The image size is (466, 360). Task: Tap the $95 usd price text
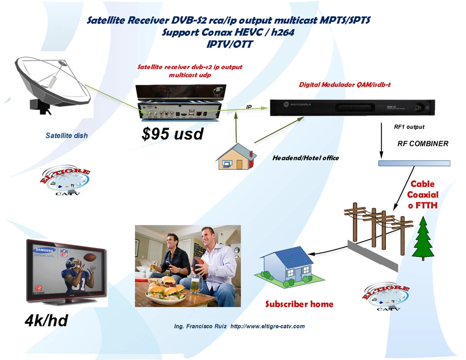[x=172, y=134]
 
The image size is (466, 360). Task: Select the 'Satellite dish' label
[x=67, y=136]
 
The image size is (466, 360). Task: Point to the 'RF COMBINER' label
[x=422, y=144]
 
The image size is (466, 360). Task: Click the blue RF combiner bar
[x=414, y=163]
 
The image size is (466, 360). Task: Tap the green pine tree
[x=423, y=239]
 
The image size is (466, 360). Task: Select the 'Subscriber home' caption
[x=299, y=304]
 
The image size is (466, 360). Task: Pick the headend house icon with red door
[x=236, y=157]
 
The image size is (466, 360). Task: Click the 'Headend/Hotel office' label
[x=305, y=158]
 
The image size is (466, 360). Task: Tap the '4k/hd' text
[x=46, y=321]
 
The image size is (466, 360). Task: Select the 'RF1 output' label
[x=409, y=127]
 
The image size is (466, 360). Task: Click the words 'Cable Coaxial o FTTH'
[x=422, y=195]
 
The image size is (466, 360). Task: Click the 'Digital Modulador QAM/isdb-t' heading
[x=345, y=85]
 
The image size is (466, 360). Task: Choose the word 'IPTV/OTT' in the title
[x=229, y=44]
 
